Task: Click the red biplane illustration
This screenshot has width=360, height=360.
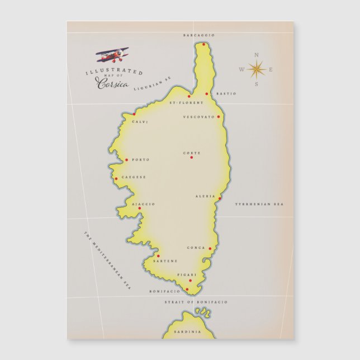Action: [112, 55]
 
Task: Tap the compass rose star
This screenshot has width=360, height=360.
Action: [257, 69]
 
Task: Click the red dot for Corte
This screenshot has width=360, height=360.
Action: [191, 157]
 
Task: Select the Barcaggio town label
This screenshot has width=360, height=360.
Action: [198, 35]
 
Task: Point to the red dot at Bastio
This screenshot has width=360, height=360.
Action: [207, 93]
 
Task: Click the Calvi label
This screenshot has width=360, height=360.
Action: [140, 122]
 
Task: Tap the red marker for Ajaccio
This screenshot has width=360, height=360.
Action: [140, 208]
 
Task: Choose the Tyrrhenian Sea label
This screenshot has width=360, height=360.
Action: [259, 205]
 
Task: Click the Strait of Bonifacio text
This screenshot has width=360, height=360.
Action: [196, 302]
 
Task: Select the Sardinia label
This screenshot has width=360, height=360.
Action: [187, 331]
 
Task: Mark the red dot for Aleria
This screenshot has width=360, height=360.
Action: [220, 198]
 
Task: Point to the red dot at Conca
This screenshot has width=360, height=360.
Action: [210, 249]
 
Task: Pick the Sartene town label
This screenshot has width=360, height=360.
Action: [165, 261]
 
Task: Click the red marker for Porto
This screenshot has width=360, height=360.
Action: [126, 160]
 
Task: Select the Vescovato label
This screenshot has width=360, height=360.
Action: [198, 117]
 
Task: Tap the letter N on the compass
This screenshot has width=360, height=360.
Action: [257, 55]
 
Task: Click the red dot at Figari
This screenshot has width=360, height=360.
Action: [190, 281]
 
